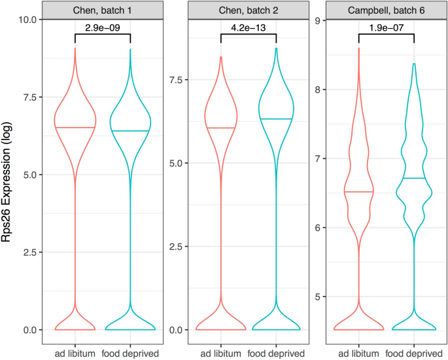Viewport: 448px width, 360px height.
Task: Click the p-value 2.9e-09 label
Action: [103, 27]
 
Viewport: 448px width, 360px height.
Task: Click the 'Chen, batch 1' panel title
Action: [102, 10]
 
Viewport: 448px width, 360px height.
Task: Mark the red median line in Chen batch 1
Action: [75, 127]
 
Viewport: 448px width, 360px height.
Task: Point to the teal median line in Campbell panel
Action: [413, 178]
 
